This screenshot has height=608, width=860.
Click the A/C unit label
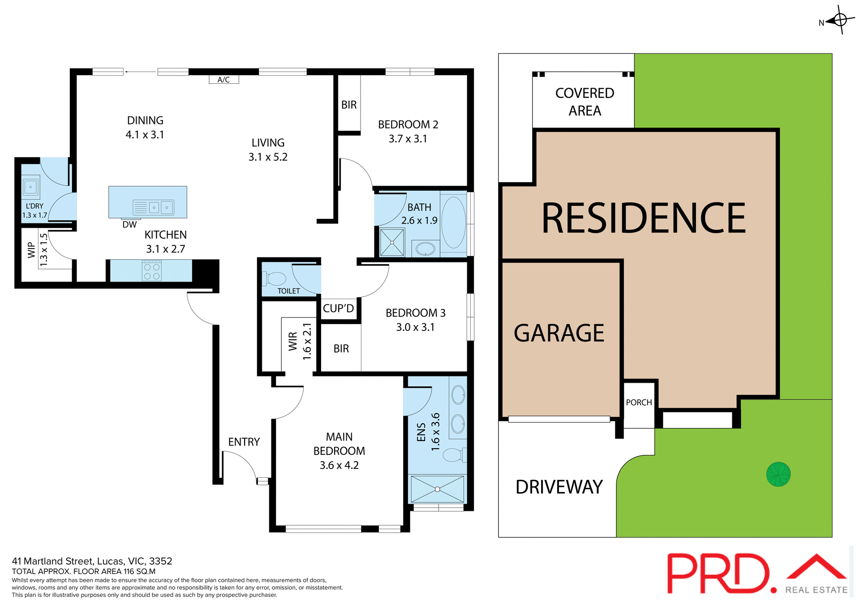click(224, 80)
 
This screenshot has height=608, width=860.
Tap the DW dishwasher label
click(129, 224)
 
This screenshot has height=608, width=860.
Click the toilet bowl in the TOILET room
click(276, 278)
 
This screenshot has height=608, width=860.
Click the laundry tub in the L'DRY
click(30, 187)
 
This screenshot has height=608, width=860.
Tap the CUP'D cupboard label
click(338, 308)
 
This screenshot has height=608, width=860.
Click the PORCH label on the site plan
click(639, 402)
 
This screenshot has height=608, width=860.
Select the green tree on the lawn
click(778, 474)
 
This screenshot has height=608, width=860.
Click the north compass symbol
click(840, 20)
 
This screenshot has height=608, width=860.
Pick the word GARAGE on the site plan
click(559, 333)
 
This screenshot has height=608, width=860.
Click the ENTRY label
click(244, 442)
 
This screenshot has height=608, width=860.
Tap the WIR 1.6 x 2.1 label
click(300, 341)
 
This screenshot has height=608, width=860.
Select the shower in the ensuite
click(437, 489)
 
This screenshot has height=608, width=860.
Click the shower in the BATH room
click(392, 242)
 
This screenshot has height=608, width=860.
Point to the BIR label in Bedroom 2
click(349, 105)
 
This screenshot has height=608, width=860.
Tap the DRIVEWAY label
click(559, 487)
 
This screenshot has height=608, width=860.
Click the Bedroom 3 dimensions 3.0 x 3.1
click(415, 327)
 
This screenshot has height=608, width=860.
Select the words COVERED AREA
click(585, 102)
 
